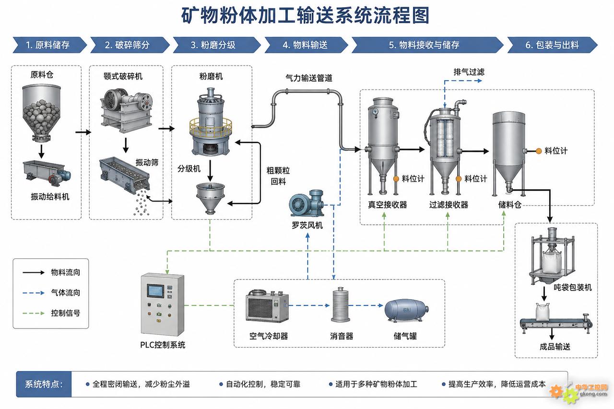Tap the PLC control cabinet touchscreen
click(x=156, y=291)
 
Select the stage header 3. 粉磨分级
click(x=216, y=45)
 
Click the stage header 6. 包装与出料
click(x=552, y=45)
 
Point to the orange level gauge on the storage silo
click(x=539, y=151)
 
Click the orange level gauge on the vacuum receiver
click(x=396, y=179)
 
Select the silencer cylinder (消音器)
click(x=341, y=304)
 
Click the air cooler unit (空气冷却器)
click(x=267, y=306)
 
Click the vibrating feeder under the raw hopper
click(x=47, y=171)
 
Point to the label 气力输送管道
click(x=308, y=78)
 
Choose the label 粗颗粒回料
click(x=278, y=176)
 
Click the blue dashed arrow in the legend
click(x=34, y=293)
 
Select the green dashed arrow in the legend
click(x=34, y=313)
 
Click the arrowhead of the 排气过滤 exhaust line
click(x=480, y=81)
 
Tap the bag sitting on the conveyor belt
click(x=543, y=312)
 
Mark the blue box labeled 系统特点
click(x=44, y=384)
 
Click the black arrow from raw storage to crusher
click(x=83, y=132)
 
